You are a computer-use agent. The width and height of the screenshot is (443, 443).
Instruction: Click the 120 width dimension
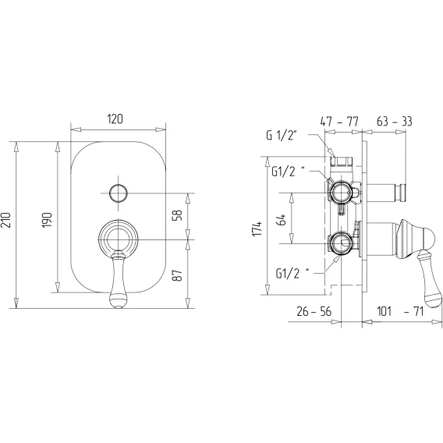point(115,119)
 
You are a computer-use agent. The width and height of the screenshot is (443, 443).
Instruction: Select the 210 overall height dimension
point(6,220)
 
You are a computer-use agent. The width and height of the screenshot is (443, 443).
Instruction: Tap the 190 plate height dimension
point(47,220)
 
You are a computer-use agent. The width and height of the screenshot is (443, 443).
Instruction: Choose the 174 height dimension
point(257,229)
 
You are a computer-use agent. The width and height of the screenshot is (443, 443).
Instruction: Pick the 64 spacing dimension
point(282,219)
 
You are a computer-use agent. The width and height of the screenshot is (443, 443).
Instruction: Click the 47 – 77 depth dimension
point(339,122)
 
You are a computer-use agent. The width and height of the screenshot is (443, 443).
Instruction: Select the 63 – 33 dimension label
point(395,121)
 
